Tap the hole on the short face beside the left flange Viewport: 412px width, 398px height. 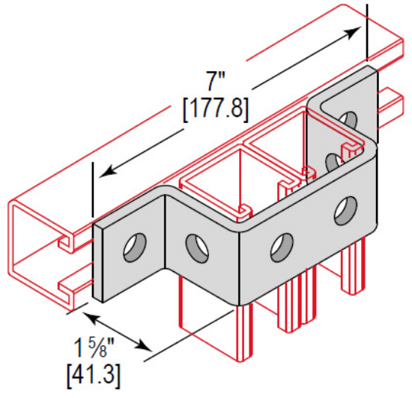point(196,244)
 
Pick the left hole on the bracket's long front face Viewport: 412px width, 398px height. point(282,244)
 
